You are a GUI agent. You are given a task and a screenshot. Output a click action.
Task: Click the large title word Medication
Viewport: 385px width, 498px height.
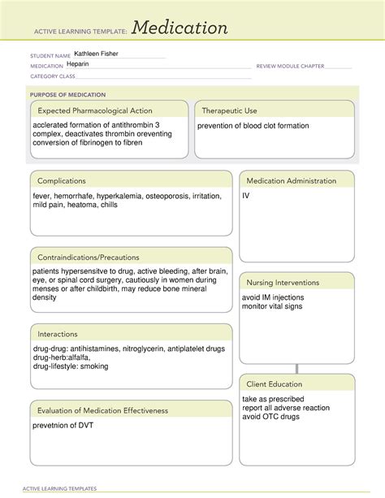tap(180, 28)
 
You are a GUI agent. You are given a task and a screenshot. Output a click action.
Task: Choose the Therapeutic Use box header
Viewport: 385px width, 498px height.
tap(229, 110)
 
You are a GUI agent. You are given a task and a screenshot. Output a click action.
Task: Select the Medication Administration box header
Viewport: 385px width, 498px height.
tap(291, 180)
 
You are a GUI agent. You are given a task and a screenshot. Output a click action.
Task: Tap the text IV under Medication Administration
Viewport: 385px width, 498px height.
tap(245, 196)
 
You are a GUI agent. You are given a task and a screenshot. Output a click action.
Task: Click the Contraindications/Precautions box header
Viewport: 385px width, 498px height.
tap(88, 257)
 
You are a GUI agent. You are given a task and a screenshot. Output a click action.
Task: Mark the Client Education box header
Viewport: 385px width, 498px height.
tap(275, 383)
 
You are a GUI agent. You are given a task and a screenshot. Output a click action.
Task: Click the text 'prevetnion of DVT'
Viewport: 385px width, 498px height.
tap(67, 426)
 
